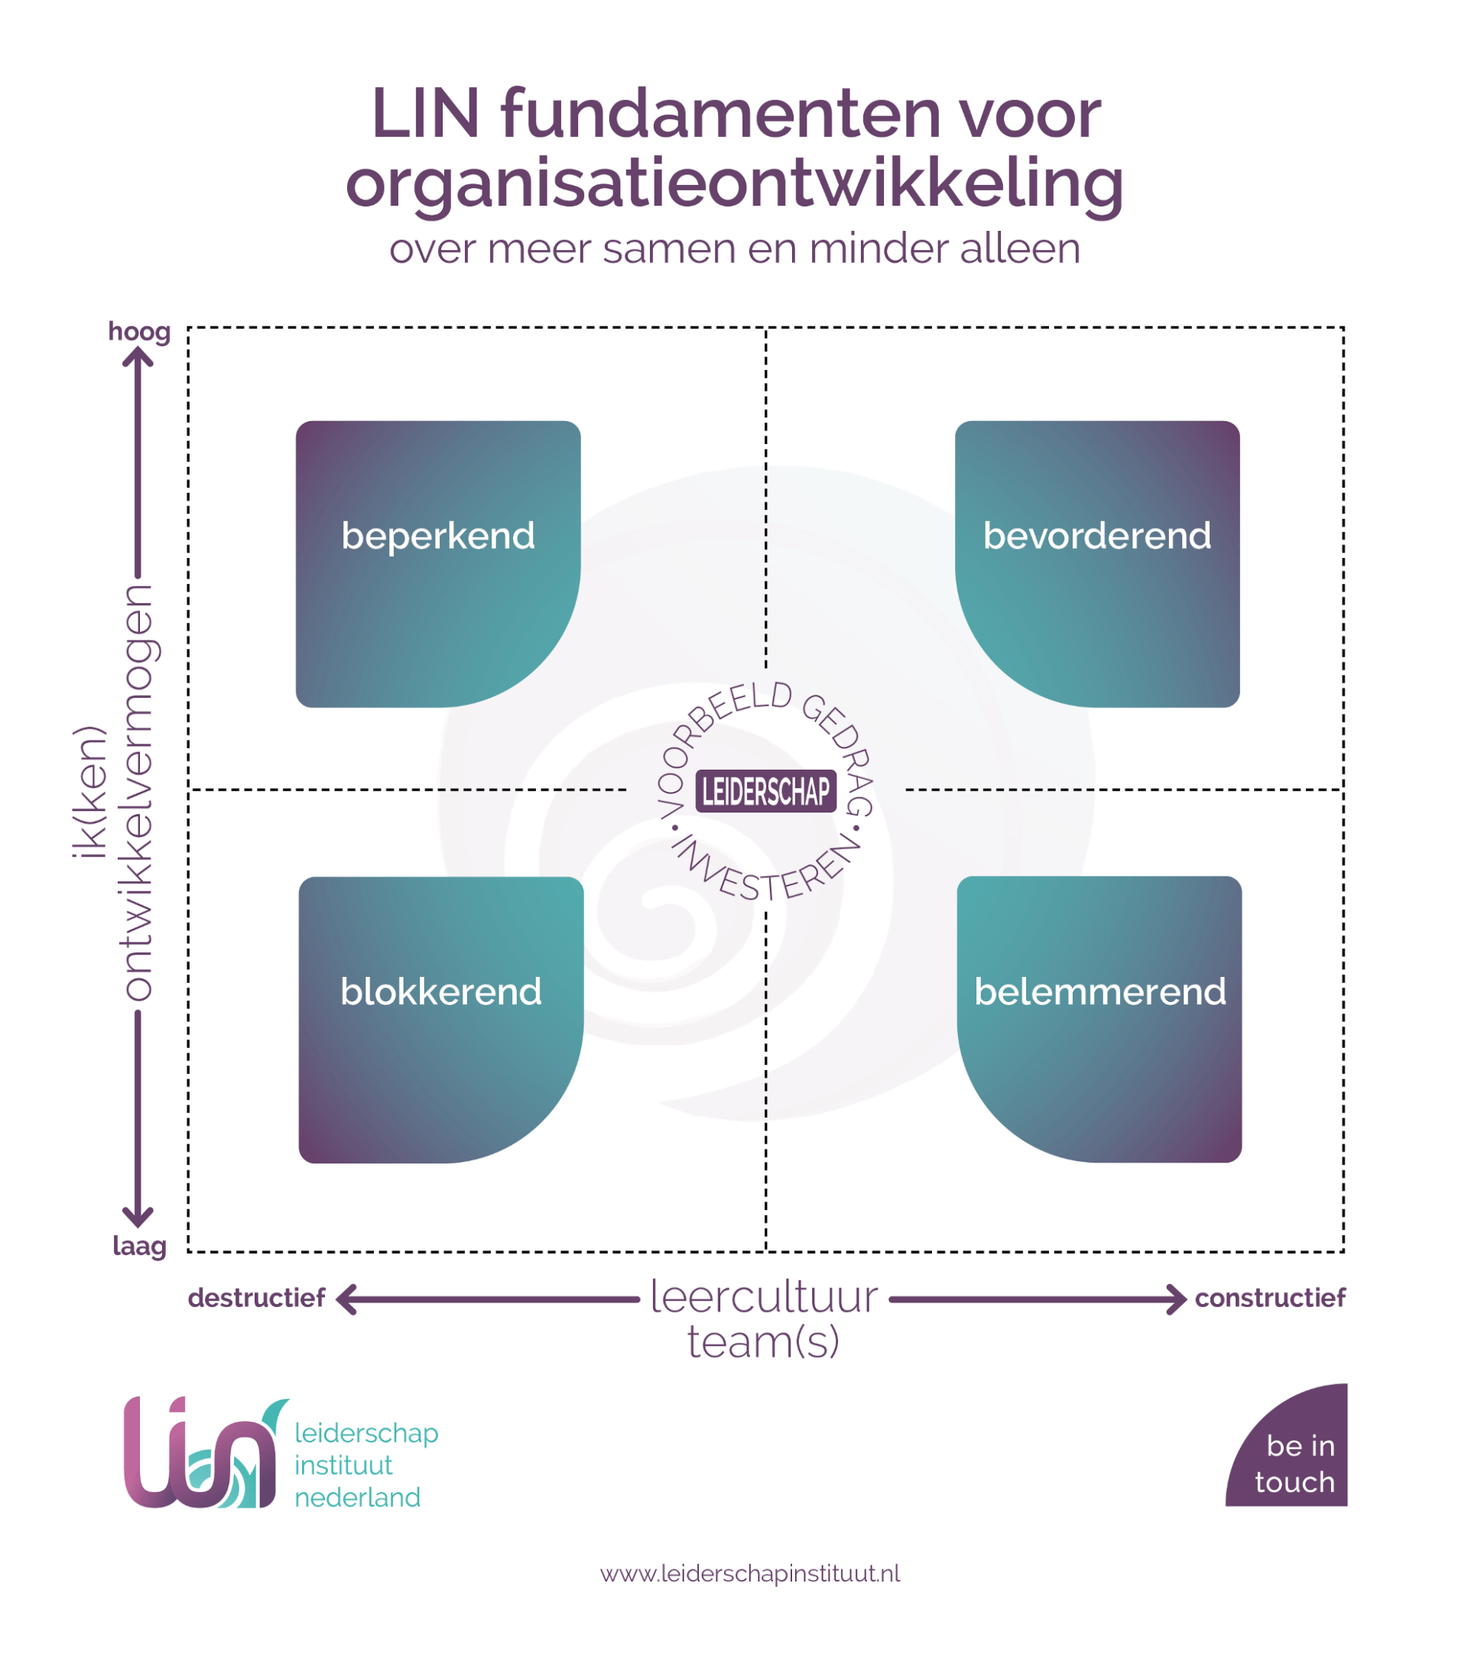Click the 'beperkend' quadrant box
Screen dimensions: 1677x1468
click(438, 563)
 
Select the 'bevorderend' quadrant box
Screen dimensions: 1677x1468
click(1097, 563)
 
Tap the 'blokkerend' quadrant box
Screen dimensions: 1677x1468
click(440, 1020)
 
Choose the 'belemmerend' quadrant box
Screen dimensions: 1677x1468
click(1099, 1020)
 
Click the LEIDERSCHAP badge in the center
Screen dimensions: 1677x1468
click(766, 791)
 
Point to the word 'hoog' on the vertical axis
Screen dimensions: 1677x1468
click(139, 332)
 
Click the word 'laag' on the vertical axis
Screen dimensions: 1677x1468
click(139, 1247)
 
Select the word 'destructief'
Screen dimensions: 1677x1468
click(256, 1298)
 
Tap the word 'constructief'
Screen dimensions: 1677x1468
click(1270, 1298)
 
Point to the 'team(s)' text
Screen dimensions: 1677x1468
click(764, 1341)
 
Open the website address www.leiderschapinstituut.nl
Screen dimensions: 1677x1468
click(750, 1574)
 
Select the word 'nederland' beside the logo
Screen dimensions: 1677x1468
click(357, 1497)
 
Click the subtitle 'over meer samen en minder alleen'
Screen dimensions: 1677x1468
click(735, 249)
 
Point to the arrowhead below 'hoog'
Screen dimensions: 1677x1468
click(138, 357)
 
